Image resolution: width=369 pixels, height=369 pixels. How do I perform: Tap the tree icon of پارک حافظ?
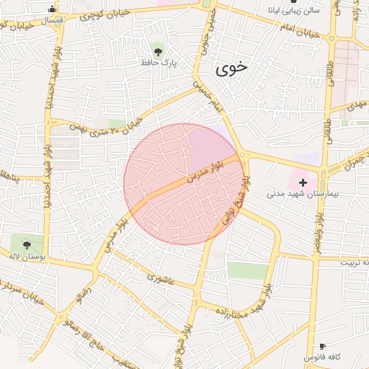coord(157,50)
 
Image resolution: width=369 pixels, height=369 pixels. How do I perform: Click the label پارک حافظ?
coord(159,63)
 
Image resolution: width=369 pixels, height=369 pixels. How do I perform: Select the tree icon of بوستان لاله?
coord(27,244)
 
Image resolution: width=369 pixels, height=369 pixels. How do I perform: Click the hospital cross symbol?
coord(303,182)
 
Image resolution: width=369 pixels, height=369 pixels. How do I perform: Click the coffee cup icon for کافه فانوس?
coord(321,347)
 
